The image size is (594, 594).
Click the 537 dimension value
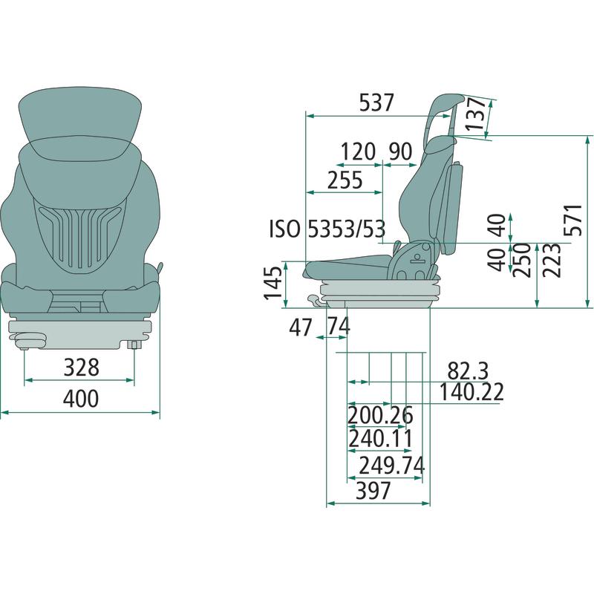pos(376,102)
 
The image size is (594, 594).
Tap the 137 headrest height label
pos(475,114)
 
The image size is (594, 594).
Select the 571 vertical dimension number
pos(572,220)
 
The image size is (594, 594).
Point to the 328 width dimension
pos(82,367)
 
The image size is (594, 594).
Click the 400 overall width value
pos(81,398)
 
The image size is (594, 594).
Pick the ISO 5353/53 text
pos(327,229)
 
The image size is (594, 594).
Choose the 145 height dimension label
pos(273,284)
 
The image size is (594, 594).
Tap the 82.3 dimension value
pos(468,371)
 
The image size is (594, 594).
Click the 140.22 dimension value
pos(471,392)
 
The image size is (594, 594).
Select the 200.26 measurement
pos(380,416)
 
